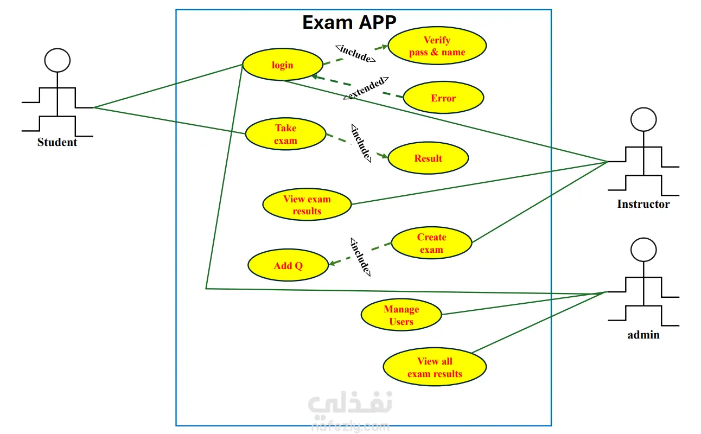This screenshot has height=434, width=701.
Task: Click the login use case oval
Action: point(282,65)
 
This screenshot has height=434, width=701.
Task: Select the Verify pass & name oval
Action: point(437,46)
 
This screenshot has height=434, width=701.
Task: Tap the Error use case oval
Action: point(443,98)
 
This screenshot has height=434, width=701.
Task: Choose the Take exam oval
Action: point(285,135)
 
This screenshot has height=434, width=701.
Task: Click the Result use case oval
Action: point(428,158)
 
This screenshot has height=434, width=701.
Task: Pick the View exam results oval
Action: point(307,205)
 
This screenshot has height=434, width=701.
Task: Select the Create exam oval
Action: point(431,244)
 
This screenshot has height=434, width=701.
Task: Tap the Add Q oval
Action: point(288,266)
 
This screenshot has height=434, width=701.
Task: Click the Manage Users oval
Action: point(401,315)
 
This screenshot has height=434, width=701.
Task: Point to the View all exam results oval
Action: point(435,367)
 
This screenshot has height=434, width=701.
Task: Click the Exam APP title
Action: point(349,22)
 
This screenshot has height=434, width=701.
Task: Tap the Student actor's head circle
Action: point(57,60)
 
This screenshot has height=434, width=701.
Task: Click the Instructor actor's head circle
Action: point(643,119)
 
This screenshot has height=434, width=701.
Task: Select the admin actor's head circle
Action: point(643,250)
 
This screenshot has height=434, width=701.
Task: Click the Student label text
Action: point(57,143)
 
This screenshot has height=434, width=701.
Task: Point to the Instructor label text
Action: point(643,205)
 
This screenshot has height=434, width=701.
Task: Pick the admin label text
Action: point(643,335)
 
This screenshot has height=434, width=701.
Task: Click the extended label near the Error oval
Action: point(366,88)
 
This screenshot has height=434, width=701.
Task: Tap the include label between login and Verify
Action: point(356,53)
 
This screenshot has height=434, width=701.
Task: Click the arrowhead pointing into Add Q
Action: point(333,263)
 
